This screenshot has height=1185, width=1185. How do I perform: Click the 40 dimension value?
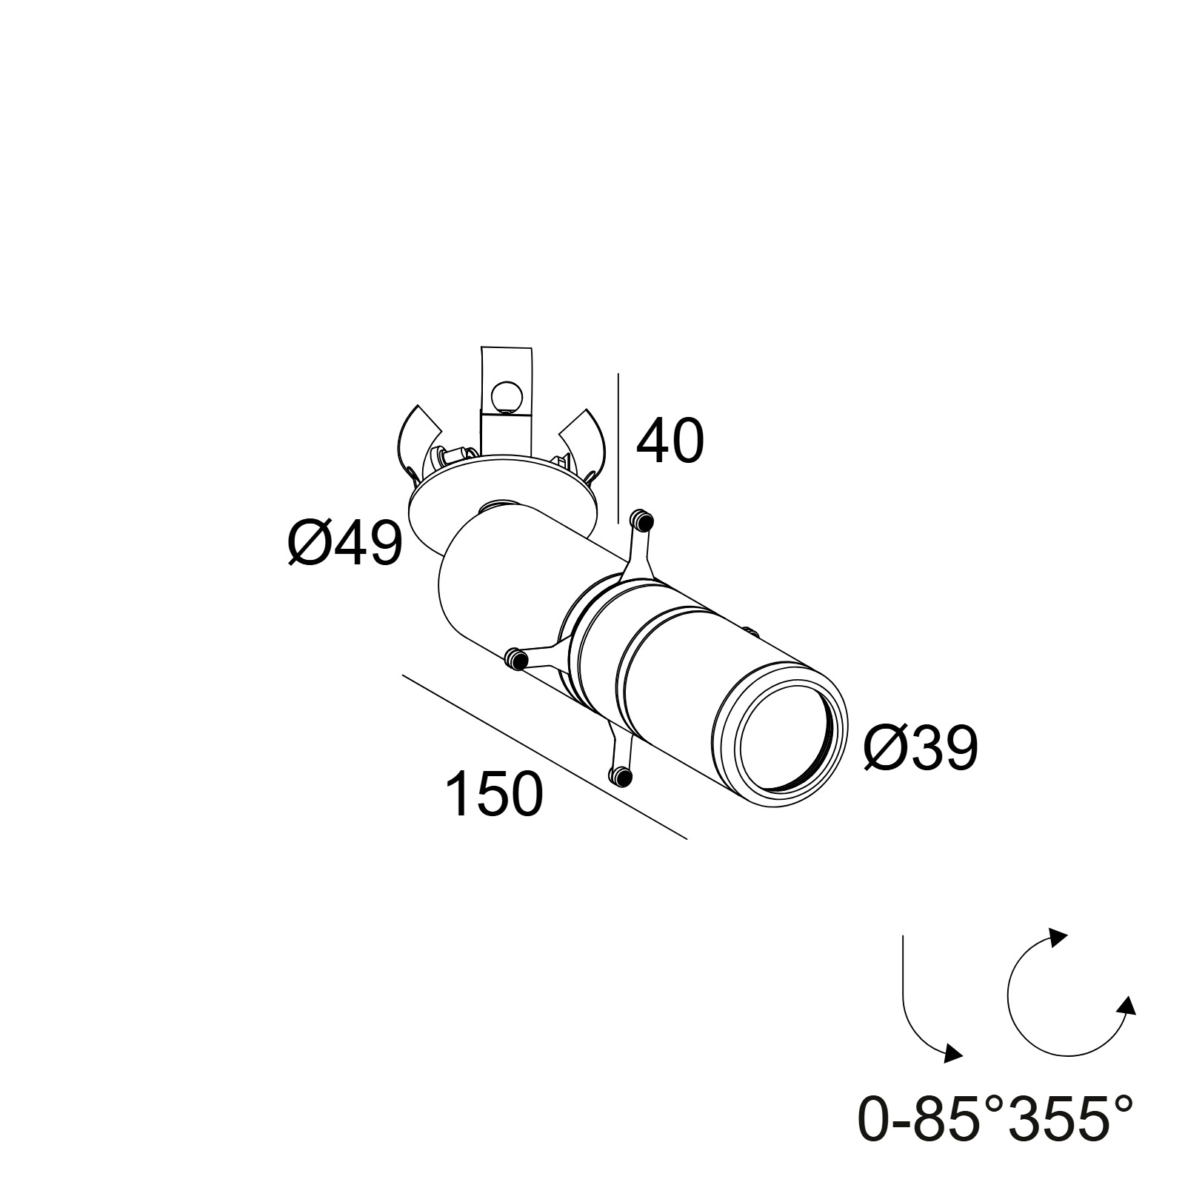tap(670, 442)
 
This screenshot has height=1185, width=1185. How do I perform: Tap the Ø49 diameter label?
tap(345, 543)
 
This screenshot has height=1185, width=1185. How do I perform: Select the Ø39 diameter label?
tap(921, 748)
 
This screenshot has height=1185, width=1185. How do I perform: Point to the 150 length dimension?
tap(494, 794)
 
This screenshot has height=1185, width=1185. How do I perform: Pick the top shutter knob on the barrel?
tap(641, 520)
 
